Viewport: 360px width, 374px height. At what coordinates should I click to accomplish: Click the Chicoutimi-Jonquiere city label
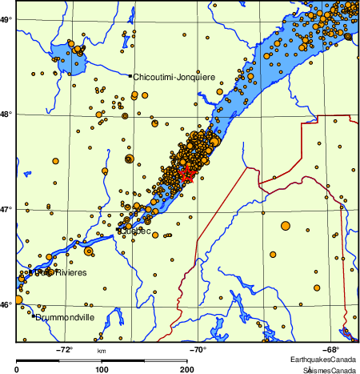coord(174,77)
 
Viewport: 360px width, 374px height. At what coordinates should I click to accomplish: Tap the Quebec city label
coord(137,232)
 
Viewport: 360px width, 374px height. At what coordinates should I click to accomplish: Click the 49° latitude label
coord(6,18)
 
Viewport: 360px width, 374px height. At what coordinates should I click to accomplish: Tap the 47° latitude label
coord(6,209)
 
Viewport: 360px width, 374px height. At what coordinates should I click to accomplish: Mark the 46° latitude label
coord(6,305)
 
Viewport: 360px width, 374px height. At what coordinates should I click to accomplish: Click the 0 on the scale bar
coord(18,369)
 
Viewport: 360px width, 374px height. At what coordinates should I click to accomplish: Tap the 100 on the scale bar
coord(102,369)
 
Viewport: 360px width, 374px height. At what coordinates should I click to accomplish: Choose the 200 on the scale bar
coord(186,369)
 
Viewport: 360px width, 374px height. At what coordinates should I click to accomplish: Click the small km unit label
coord(102,351)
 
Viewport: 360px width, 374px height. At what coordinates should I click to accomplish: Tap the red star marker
coord(186,172)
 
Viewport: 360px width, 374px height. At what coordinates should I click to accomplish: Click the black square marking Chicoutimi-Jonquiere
coord(130,76)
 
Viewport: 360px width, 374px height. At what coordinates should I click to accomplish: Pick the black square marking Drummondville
coord(34,316)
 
